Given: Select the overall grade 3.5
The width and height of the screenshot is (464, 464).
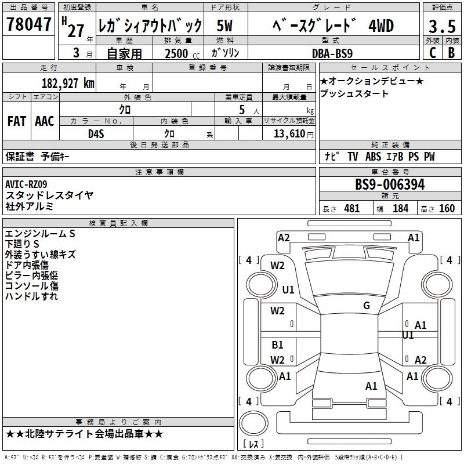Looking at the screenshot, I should click(x=442, y=26).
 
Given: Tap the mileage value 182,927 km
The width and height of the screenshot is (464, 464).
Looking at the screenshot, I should click(x=68, y=83).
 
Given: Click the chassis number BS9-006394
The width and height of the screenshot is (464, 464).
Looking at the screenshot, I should click(x=390, y=185).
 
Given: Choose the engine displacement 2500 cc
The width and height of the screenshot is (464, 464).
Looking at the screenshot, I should click(x=177, y=53).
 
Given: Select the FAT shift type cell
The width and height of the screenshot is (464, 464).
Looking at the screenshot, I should click(x=16, y=121).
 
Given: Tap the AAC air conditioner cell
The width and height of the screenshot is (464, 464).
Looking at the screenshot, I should click(x=45, y=121).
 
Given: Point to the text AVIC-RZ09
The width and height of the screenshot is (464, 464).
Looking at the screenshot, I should click(x=26, y=184).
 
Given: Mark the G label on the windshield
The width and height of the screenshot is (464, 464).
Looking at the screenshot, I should click(x=367, y=306).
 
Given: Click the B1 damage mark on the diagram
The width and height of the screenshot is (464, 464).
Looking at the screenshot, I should click(x=278, y=345).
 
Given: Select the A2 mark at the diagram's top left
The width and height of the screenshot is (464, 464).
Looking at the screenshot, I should click(x=284, y=237).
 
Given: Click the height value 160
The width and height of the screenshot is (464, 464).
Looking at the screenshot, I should click(x=447, y=209).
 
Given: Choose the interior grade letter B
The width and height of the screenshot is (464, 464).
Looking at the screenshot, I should click(x=451, y=53).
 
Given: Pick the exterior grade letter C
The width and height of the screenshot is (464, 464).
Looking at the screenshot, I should click(x=432, y=53).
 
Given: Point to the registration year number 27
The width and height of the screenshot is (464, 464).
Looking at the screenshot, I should click(x=75, y=30).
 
